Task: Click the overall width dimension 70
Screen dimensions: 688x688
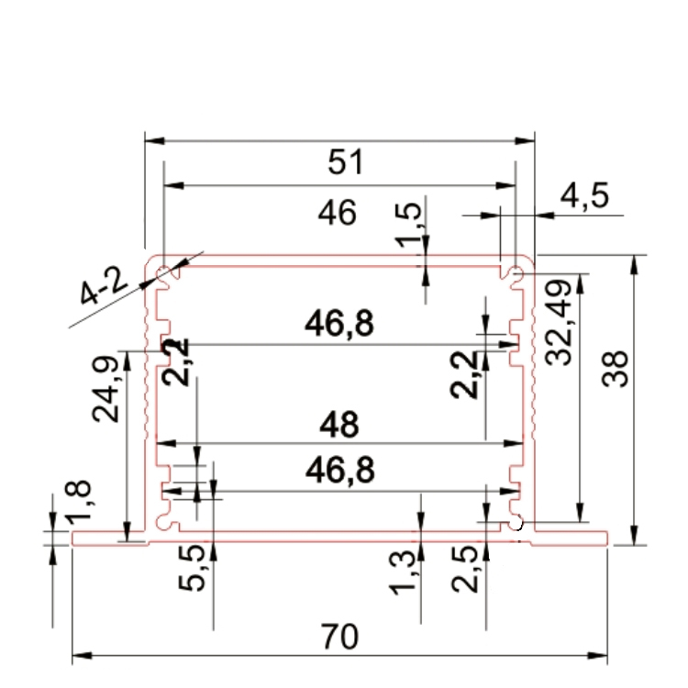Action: pos(339,635)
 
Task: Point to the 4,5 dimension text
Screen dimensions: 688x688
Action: pos(584,197)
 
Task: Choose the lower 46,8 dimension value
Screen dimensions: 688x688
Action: pos(339,471)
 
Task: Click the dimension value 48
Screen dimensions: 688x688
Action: pos(339,425)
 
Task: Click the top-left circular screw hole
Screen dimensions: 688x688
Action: pos(163,272)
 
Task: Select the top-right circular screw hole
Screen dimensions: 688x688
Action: pos(516,272)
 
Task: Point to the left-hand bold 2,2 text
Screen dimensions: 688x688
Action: pos(177,361)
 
